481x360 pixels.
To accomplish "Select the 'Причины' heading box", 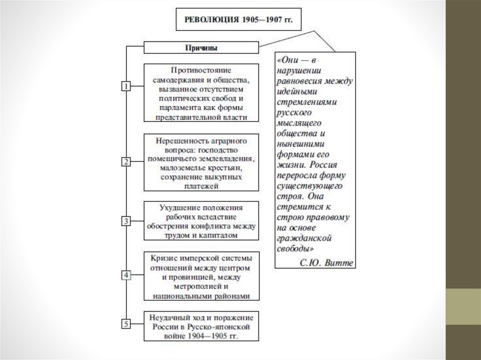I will (x=201, y=47).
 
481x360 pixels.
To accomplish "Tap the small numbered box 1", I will (x=126, y=86).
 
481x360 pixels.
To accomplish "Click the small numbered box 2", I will (x=126, y=162).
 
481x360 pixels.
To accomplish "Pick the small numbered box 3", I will (x=126, y=221).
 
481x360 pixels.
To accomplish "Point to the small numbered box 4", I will (x=126, y=275).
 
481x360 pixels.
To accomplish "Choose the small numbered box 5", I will (x=126, y=323).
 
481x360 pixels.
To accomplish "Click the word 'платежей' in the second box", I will (x=201, y=186).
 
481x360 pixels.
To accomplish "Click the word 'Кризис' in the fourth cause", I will (x=163, y=258).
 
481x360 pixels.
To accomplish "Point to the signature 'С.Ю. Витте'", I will (x=326, y=262).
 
